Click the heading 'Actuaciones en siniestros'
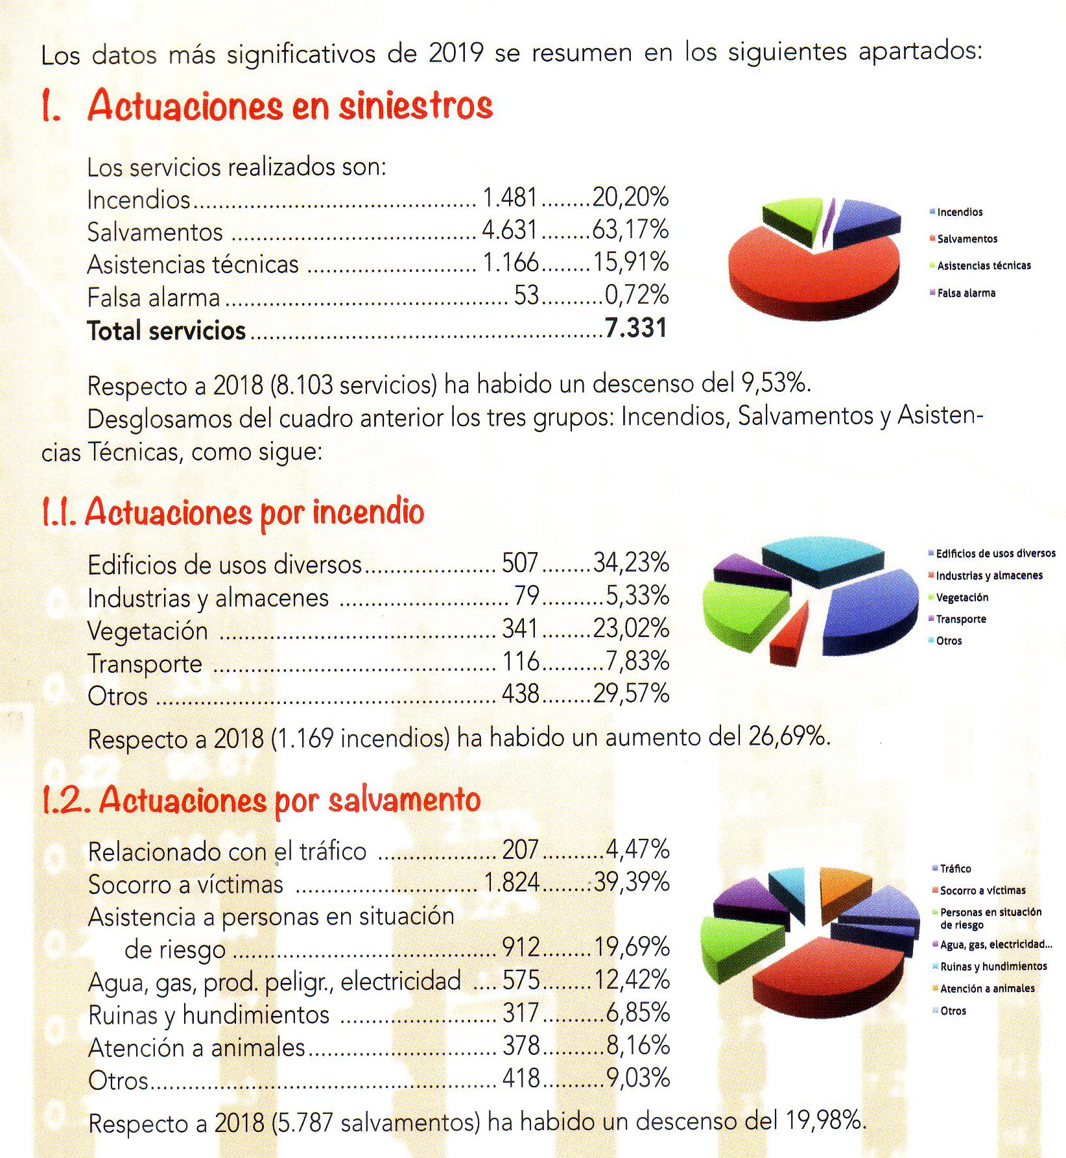290,105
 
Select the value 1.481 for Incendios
510,197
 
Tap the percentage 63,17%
630,230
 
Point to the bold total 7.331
635,328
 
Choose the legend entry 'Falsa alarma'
966,293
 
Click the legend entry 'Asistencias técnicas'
984,266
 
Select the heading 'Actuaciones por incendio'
254,513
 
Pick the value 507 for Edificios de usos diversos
520,563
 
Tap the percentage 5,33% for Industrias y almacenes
637,596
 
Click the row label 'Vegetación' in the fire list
148,631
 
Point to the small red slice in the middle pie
788,633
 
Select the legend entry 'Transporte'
961,620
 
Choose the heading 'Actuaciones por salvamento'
289,800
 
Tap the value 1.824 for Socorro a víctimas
512,882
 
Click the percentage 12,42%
632,980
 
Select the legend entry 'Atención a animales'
987,989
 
